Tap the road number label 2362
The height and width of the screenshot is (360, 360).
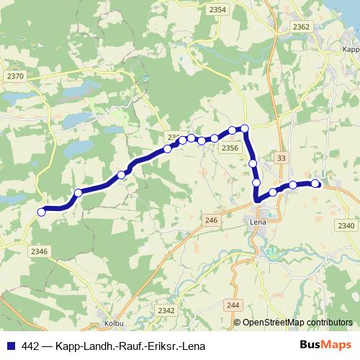[301, 27]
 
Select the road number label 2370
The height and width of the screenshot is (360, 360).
[14, 76]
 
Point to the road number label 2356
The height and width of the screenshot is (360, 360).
[230, 148]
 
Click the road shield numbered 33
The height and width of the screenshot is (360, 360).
[281, 158]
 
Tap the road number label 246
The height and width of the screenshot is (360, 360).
[211, 220]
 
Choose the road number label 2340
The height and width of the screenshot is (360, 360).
[346, 226]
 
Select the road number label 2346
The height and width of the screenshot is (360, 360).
[40, 251]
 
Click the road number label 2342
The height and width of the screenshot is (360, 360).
[166, 310]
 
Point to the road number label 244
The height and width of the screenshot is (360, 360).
[232, 305]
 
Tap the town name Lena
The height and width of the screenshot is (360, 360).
[257, 223]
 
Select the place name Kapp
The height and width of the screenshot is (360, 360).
[351, 50]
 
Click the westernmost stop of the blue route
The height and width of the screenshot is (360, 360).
[42, 212]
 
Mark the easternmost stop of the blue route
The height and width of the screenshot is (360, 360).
[315, 184]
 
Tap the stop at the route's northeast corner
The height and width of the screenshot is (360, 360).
[245, 129]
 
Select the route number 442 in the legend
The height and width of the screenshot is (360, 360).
[30, 346]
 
